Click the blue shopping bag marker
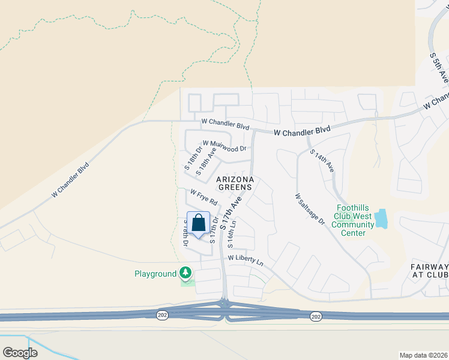coord(199,224)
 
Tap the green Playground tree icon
coord(186,274)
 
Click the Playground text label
coord(155,274)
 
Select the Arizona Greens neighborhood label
coord(235,184)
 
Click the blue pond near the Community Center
coord(381,219)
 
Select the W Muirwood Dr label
coord(224,146)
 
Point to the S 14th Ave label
coord(322,161)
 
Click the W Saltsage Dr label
coord(310,209)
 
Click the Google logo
coord(20,353)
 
